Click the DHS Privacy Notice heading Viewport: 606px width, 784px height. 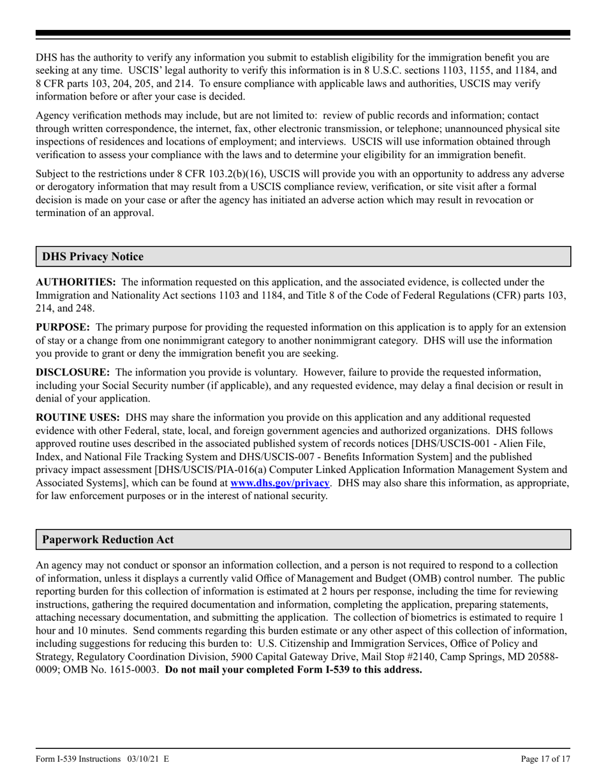92,257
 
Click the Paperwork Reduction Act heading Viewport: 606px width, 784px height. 108,539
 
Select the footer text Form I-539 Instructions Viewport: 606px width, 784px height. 78,759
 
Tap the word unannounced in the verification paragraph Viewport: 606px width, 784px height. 443,129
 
